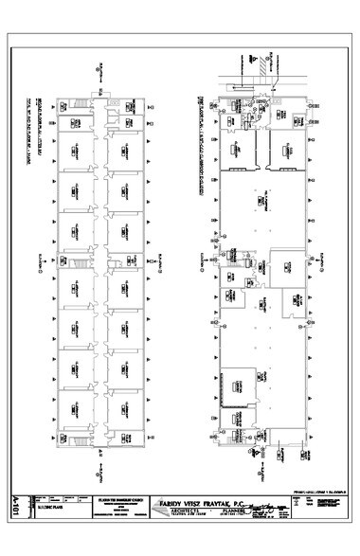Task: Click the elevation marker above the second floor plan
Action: click(98, 65)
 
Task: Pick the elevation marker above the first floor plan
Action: click(250, 66)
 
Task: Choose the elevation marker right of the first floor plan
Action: click(327, 258)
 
